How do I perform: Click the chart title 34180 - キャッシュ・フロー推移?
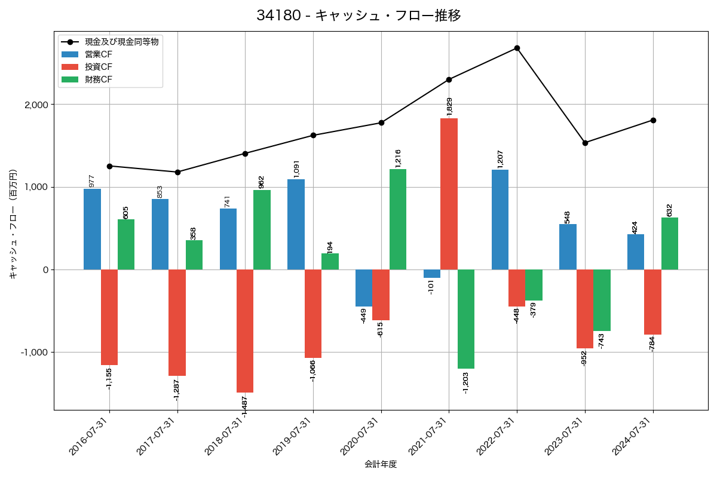(358, 16)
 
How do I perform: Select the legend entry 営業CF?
(99, 54)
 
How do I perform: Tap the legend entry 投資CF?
(99, 67)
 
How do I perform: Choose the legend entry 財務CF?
(99, 79)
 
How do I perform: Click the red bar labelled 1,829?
(449, 194)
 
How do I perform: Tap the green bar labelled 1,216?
(398, 219)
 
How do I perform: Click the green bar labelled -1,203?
(466, 319)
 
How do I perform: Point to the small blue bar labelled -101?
(432, 274)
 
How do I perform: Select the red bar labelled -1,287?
(177, 323)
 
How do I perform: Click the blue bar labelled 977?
(92, 229)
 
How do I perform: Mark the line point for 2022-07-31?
(517, 48)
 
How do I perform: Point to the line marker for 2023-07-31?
(585, 143)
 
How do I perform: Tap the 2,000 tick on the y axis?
(36, 105)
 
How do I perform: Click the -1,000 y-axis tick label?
(34, 352)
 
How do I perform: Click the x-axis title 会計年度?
(381, 464)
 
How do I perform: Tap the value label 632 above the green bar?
(670, 210)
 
